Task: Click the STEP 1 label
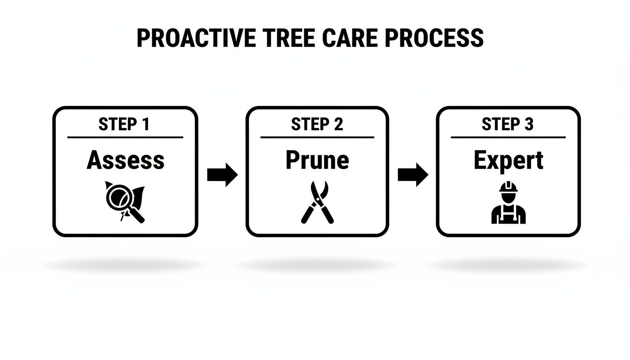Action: click(124, 124)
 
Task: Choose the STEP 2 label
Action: click(317, 124)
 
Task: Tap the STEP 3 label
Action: click(507, 124)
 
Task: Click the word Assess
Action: click(125, 160)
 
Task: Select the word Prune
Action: click(317, 160)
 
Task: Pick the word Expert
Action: click(508, 160)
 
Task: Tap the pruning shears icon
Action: click(317, 202)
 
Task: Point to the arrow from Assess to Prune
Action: click(222, 175)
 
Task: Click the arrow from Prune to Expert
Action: click(412, 175)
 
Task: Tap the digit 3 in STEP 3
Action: click(528, 124)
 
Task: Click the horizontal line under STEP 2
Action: click(317, 137)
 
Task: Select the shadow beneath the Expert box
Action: click(508, 266)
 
